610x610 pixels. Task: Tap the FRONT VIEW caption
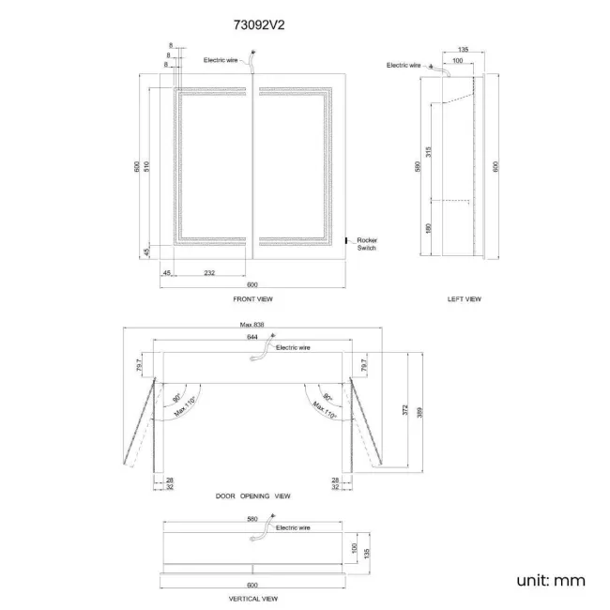(x=252, y=298)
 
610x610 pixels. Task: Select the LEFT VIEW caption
(x=464, y=298)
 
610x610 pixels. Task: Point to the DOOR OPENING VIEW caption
(x=252, y=496)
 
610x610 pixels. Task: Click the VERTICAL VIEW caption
(x=252, y=597)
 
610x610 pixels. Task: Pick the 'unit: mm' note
(x=551, y=580)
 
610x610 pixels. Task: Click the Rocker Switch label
(x=366, y=244)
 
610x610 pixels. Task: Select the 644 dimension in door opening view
(x=252, y=336)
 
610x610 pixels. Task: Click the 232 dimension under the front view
(x=208, y=272)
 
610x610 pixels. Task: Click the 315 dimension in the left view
(x=428, y=153)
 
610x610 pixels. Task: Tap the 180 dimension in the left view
(x=428, y=227)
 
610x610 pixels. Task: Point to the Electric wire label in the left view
(x=403, y=65)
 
